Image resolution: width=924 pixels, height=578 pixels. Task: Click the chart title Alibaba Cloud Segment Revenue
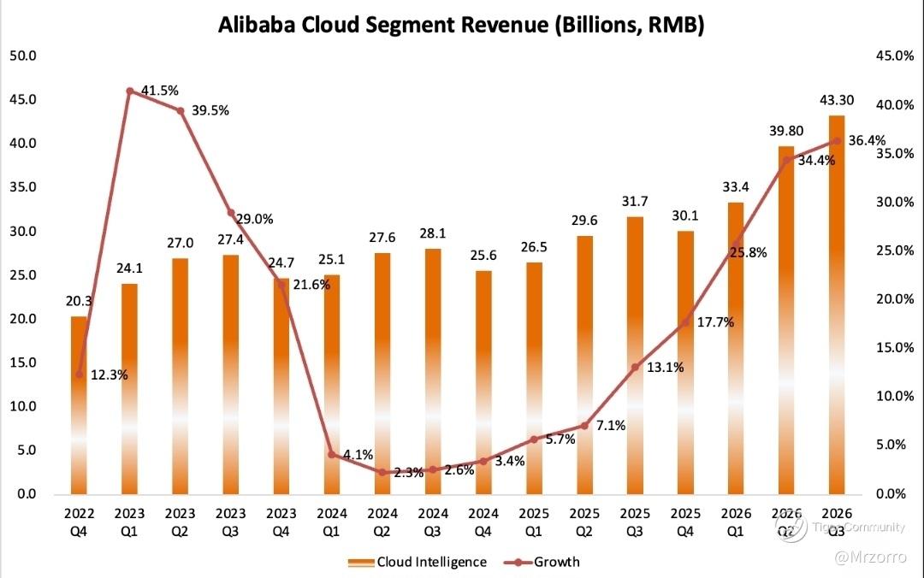(461, 25)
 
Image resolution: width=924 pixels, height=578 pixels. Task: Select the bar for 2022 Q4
(79, 405)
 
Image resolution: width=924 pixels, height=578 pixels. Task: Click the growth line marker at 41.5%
(129, 91)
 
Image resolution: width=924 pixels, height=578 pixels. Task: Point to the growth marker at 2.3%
(382, 472)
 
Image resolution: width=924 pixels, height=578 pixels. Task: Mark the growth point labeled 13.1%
(635, 367)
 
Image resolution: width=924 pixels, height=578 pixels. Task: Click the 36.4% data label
(866, 141)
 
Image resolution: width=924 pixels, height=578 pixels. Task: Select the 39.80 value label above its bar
(786, 130)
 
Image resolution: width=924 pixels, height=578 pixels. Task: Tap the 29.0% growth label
(254, 219)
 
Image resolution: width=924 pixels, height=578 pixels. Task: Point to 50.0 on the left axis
(22, 56)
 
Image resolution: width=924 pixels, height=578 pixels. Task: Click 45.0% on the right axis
(896, 56)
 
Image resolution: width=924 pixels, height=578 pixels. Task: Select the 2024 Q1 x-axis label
(332, 522)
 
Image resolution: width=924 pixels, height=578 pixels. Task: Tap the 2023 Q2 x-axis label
(180, 522)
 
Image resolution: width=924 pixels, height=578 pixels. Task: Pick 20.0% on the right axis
(896, 299)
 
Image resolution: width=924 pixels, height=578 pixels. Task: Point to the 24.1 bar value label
(129, 268)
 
